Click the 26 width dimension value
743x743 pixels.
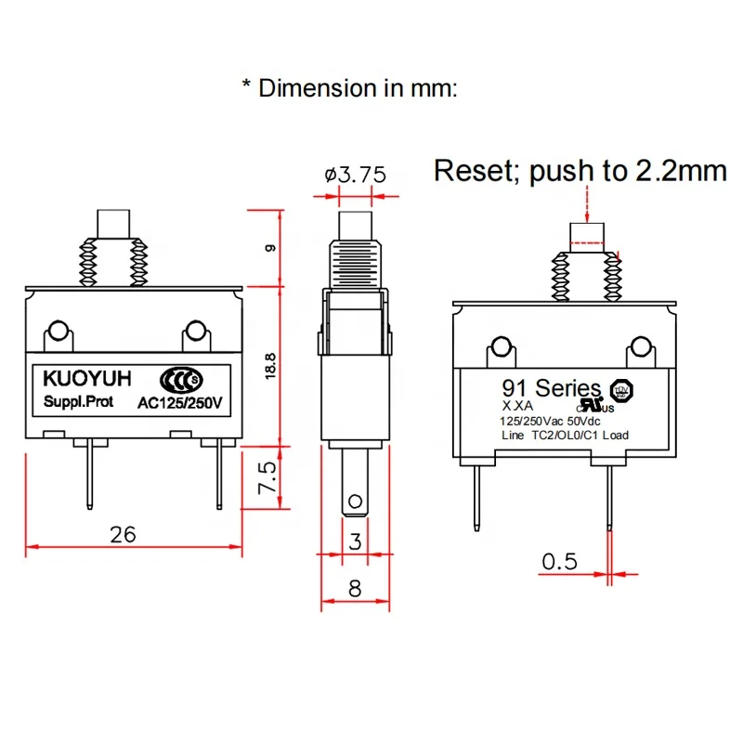[123, 534]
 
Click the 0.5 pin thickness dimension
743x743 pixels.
[559, 562]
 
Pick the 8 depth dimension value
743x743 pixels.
[355, 587]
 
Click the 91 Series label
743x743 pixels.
[552, 388]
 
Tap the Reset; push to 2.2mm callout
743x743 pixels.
[580, 171]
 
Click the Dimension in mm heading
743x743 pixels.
[350, 88]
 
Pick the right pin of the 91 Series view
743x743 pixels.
[609, 497]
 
